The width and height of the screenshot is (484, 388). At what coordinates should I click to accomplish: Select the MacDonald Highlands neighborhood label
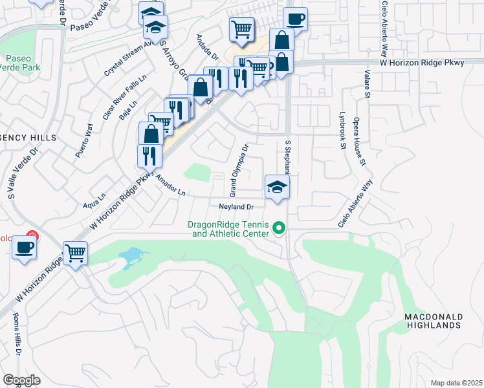[433, 321]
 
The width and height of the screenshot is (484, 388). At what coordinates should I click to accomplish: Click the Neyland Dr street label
[235, 207]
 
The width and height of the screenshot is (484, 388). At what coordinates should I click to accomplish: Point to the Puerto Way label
[84, 145]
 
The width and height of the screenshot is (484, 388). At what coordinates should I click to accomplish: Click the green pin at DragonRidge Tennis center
[280, 228]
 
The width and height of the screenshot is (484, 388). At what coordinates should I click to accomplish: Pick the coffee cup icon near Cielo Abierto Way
[295, 19]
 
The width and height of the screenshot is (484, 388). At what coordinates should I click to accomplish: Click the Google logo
[21, 380]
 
